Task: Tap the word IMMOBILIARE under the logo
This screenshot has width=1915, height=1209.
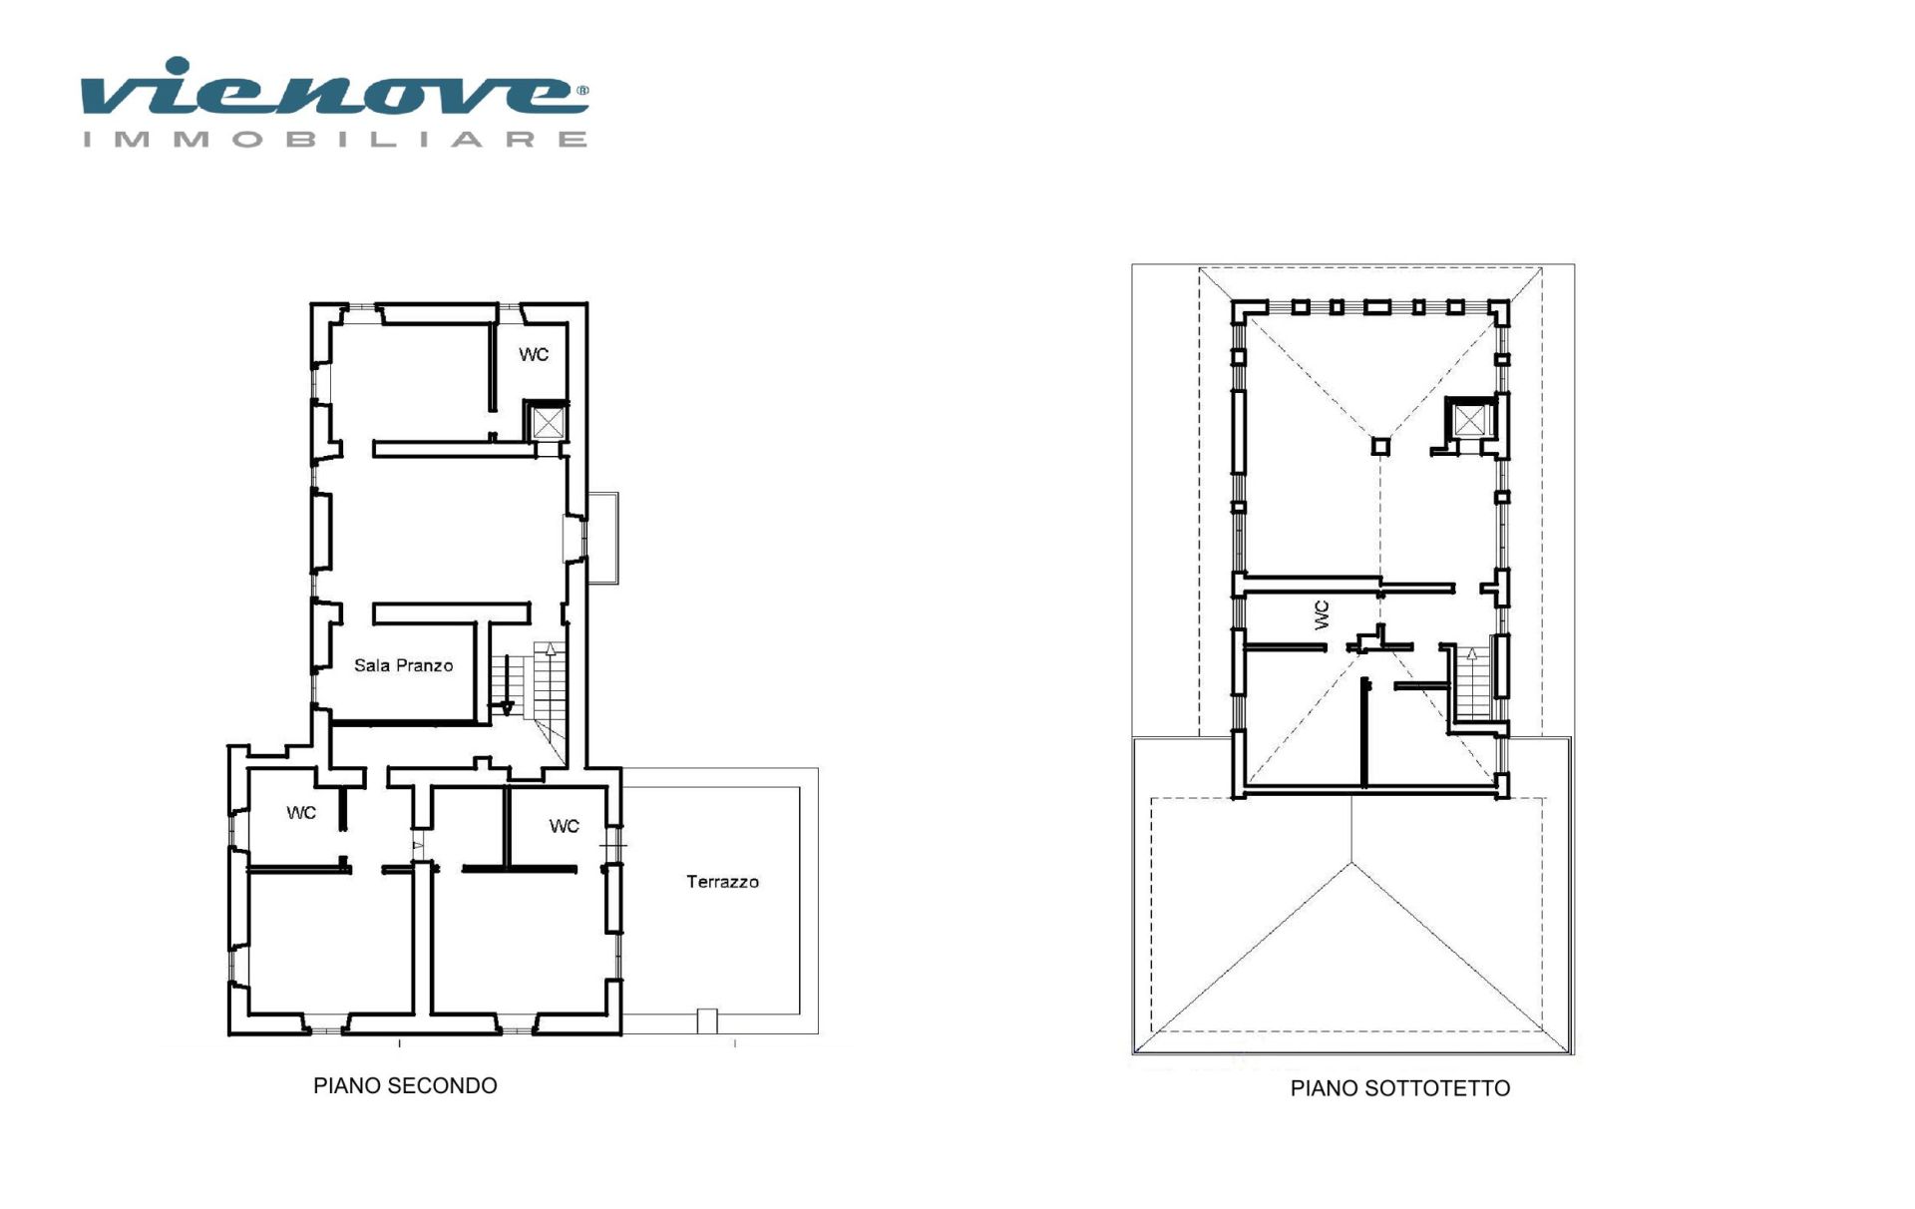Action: coord(335,139)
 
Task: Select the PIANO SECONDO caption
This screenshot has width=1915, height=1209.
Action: coord(405,1085)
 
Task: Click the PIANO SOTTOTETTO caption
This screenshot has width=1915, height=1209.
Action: coord(1399,1088)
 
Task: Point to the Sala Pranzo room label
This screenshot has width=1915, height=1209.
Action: coord(403,665)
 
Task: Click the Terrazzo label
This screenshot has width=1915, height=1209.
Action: coord(722,882)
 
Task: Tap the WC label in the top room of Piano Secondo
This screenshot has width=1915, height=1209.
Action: coord(534,354)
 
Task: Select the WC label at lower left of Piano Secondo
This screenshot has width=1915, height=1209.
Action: coord(301,813)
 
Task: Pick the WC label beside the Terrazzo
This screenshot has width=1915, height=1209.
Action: coord(564,826)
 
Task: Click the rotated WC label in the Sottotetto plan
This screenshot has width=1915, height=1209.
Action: coord(1322,614)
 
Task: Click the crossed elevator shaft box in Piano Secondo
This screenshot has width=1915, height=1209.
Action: coord(548,422)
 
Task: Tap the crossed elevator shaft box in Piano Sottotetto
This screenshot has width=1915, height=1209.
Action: coord(1469,420)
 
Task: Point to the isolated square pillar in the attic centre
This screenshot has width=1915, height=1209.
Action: coord(1380,446)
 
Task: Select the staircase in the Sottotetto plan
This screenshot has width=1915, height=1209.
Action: coord(1472,683)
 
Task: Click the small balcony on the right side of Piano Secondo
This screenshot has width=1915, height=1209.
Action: coord(603,538)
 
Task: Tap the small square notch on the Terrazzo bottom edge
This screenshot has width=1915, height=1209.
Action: coord(706,1021)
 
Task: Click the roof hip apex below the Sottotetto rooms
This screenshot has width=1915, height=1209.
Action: coord(1352,863)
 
